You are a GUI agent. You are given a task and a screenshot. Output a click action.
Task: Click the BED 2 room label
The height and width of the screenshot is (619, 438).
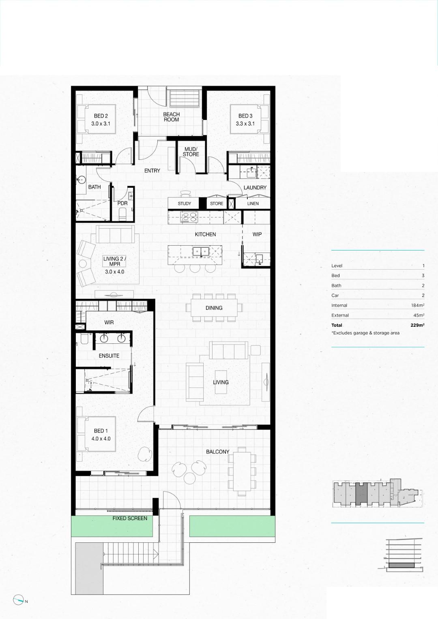[101, 116]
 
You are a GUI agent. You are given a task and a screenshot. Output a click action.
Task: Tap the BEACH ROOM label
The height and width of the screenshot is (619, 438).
[171, 117]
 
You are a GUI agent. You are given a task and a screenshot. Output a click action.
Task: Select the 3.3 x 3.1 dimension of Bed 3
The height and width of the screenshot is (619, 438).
[245, 124]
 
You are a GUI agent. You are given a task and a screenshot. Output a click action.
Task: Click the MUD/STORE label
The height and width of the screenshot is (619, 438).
[191, 152]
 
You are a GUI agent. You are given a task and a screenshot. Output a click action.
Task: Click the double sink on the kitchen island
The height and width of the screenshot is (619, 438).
[200, 251]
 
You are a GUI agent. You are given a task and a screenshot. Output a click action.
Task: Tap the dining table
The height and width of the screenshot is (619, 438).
[214, 308]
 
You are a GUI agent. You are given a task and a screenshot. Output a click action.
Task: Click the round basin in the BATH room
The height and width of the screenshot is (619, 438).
[81, 180]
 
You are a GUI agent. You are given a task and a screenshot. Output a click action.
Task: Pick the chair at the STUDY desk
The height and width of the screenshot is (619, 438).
[185, 194]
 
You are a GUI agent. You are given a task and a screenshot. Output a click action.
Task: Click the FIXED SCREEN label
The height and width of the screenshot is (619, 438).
[130, 518]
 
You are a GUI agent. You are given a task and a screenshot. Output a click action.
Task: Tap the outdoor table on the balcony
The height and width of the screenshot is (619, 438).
[242, 471]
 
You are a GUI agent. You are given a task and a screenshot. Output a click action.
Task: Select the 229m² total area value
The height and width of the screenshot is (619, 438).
[417, 325]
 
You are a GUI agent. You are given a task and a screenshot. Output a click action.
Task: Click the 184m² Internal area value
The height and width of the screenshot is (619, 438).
[418, 305]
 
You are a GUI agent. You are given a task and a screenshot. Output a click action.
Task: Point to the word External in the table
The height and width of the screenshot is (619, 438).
[340, 315]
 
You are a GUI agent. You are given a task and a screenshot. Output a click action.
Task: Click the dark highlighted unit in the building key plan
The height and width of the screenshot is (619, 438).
[361, 493]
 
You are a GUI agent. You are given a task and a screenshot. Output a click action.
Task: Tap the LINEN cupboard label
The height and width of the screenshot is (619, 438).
[253, 203]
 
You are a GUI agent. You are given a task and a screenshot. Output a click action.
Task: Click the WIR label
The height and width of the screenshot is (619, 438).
[109, 322]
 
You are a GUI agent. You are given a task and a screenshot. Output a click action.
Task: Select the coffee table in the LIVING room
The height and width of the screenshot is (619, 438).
[220, 382]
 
